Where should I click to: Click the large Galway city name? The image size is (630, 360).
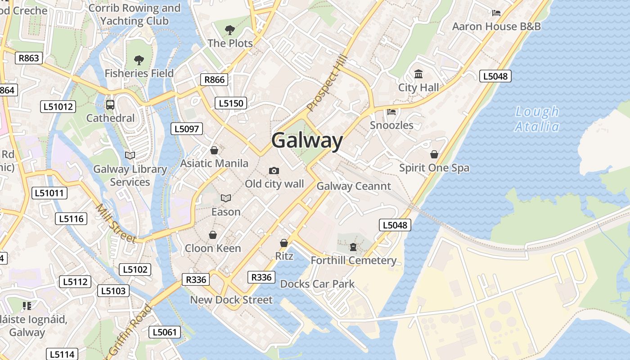coord(307,140)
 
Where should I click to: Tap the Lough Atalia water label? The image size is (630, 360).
coord(537,119)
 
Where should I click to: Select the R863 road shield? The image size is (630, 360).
coord(29,58)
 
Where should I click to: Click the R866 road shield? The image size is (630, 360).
coord(214,80)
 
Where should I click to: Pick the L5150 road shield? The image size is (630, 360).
coord(231,103)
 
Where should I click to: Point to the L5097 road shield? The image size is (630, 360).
coord(186,129)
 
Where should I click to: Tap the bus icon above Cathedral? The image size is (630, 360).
coord(110,105)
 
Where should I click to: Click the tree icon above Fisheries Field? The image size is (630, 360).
coord(139,60)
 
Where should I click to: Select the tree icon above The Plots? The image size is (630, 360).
coord(230,30)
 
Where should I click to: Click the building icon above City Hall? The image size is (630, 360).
coord(418,74)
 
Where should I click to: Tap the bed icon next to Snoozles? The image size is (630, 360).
coord(391,112)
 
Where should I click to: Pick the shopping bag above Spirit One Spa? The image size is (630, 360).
coord(434,154)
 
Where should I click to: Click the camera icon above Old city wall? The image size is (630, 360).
coord(274,171)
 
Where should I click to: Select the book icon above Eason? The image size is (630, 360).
coord(225,198)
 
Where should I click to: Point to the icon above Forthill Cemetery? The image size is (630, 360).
coord(353,247)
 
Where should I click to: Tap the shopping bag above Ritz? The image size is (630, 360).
coord(284,243)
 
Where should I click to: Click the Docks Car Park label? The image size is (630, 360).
coord(317,284)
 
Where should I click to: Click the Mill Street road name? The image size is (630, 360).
coord(116,224)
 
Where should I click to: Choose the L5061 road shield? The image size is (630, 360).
coord(165,333)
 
